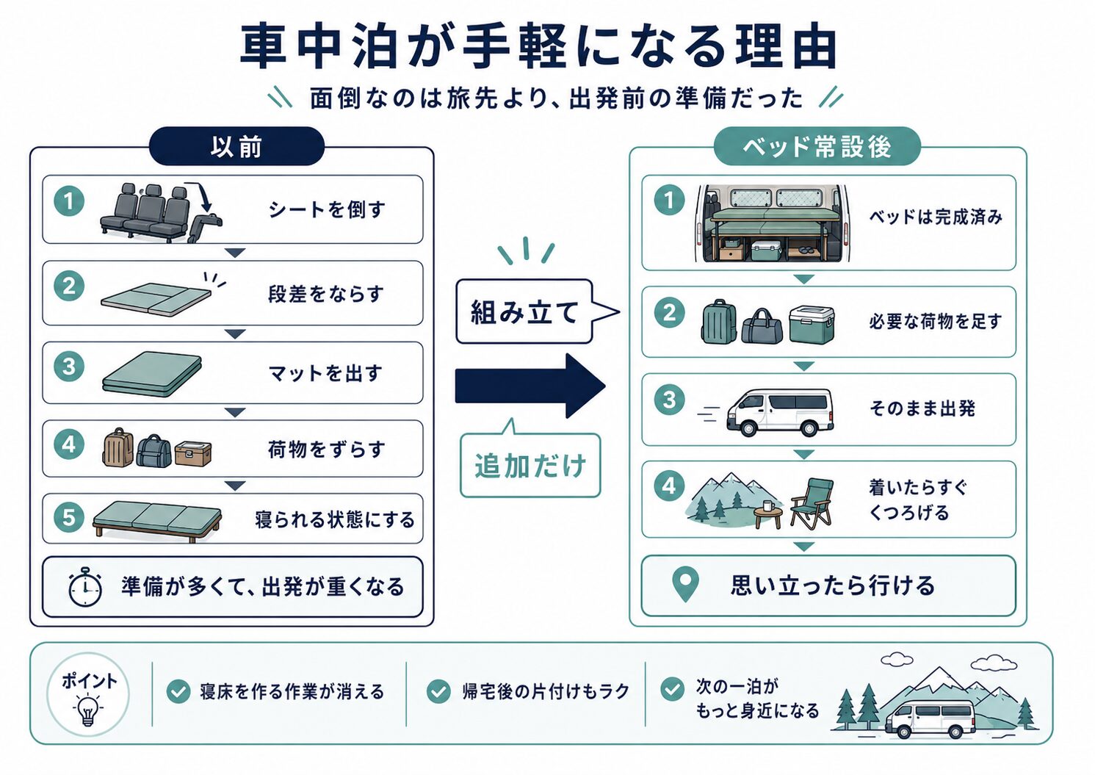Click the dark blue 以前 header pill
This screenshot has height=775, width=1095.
pyautogui.click(x=236, y=146)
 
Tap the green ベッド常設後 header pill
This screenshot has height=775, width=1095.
pyautogui.click(x=817, y=146)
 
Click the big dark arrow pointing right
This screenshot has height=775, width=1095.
pyautogui.click(x=530, y=386)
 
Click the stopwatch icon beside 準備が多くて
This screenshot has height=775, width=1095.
pyautogui.click(x=85, y=587)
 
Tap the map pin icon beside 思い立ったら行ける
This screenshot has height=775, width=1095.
pyautogui.click(x=685, y=585)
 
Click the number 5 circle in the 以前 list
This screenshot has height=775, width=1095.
pyautogui.click(x=69, y=517)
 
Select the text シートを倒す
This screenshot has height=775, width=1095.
pyautogui.click(x=327, y=209)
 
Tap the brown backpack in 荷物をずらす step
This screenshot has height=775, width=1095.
pyautogui.click(x=118, y=447)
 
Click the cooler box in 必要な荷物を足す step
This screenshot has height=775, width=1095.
pyautogui.click(x=812, y=325)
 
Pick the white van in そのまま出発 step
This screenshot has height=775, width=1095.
pyautogui.click(x=779, y=411)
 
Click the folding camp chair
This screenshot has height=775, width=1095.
pyautogui.click(x=812, y=503)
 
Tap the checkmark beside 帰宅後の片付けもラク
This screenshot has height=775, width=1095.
pyautogui.click(x=438, y=691)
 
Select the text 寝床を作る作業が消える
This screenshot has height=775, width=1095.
pyautogui.click(x=292, y=692)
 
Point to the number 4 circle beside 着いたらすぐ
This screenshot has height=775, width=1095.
pyautogui.click(x=669, y=486)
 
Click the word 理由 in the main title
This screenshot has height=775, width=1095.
pyautogui.click(x=787, y=47)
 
